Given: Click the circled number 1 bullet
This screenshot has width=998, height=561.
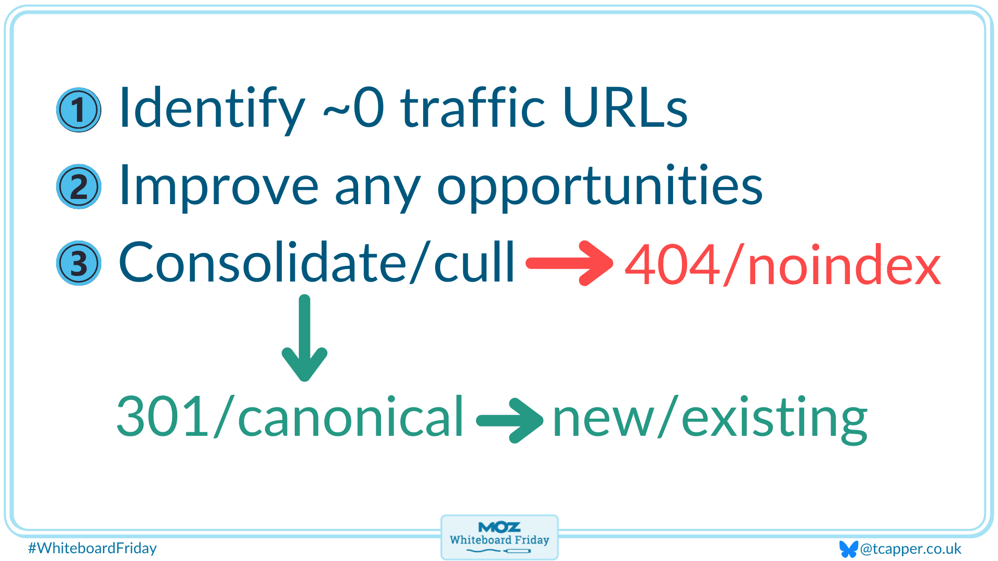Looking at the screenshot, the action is click(78, 110).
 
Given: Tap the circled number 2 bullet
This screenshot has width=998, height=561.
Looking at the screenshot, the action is click(78, 186).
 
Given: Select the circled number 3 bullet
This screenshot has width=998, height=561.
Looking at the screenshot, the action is click(78, 263).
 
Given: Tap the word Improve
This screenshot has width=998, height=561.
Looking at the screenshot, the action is click(219, 187).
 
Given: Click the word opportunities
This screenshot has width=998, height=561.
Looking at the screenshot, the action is click(600, 187).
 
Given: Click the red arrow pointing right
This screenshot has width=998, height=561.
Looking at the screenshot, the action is click(570, 263).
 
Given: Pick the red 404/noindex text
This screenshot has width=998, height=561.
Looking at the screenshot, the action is click(783, 264).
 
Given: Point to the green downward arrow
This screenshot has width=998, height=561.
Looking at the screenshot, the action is click(305, 338).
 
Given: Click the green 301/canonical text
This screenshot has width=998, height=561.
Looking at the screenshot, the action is click(290, 416).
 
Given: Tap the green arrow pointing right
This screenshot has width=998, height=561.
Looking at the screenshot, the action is click(510, 421).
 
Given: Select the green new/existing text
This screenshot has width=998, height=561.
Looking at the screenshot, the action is click(710, 419).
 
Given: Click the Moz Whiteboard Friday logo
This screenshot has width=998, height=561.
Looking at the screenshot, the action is click(500, 538).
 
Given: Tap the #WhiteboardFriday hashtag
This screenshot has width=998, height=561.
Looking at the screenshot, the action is click(93, 548).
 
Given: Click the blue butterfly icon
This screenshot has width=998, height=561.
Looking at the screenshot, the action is click(848, 549).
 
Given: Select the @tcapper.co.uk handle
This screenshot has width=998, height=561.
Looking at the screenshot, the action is click(911, 549).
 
